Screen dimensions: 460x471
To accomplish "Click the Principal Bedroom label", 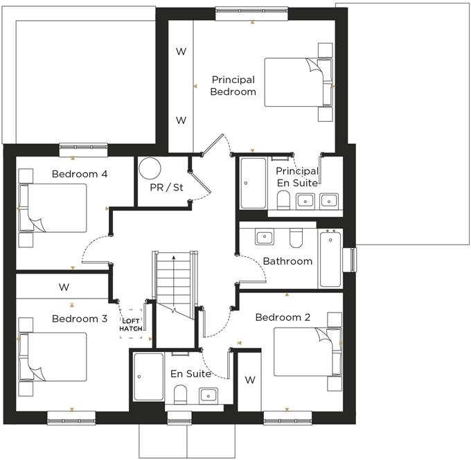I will [x=233, y=86].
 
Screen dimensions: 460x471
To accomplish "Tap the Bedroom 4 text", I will [x=80, y=174].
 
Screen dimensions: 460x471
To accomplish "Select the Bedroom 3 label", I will [x=80, y=319].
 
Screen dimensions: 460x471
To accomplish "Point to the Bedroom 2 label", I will [x=283, y=317].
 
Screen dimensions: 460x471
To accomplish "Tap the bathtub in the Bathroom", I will [x=330, y=258].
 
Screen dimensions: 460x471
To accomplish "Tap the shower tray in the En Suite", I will [x=148, y=376].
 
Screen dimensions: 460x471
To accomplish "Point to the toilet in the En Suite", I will [x=180, y=394].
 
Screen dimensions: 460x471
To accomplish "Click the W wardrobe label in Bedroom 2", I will [x=249, y=380].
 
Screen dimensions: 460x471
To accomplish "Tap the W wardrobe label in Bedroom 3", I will [x=64, y=287].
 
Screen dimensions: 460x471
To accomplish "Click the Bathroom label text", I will [x=287, y=261].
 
